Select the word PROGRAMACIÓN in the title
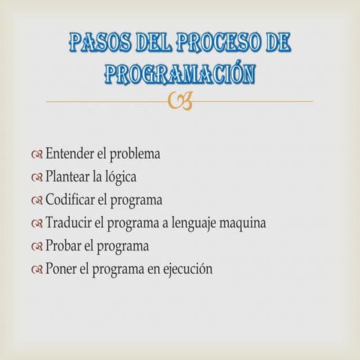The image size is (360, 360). pyautogui.click(x=180, y=73)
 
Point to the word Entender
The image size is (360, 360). pyautogui.click(x=70, y=154)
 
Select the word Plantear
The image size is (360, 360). pyautogui.click(x=68, y=178)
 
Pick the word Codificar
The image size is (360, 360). pyautogui.click(x=71, y=200)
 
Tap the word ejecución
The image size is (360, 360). pyautogui.click(x=185, y=268)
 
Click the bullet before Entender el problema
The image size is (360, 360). pyautogui.click(x=37, y=155)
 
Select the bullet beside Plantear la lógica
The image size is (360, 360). pyautogui.click(x=37, y=178)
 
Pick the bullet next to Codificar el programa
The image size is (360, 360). pyautogui.click(x=37, y=201)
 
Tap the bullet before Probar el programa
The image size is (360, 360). pyautogui.click(x=37, y=246)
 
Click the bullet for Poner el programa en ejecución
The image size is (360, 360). pyautogui.click(x=37, y=269)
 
